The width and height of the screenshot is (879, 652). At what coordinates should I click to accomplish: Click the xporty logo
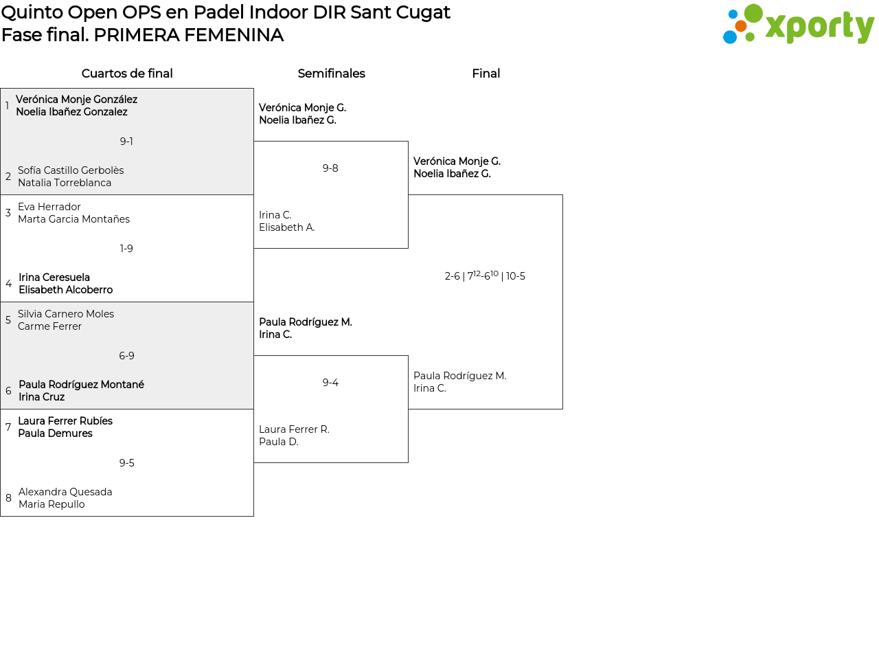coord(798,25)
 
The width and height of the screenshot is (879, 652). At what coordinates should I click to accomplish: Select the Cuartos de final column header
coord(127,74)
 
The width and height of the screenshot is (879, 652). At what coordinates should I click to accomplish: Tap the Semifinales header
coord(331,74)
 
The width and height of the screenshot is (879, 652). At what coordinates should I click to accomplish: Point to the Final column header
coord(486,74)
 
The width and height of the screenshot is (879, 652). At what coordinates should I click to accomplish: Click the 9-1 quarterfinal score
coord(126,142)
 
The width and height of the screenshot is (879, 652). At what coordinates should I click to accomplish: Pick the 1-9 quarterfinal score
coord(126,249)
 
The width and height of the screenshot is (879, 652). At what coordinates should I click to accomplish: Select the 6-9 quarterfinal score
coord(126,356)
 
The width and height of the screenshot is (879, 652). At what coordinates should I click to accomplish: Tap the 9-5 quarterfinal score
coord(126,463)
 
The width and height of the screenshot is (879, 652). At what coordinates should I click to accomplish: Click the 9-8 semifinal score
coord(330,168)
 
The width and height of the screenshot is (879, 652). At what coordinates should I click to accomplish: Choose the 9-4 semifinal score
coord(330,383)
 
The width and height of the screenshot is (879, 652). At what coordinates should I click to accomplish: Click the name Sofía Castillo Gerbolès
coord(71,170)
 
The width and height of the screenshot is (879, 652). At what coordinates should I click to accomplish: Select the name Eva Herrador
coord(49,207)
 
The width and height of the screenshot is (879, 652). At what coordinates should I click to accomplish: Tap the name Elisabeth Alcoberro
coord(65,290)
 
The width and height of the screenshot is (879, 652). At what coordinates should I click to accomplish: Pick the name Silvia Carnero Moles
coord(66,314)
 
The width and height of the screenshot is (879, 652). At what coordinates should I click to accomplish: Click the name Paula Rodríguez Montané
coord(81,385)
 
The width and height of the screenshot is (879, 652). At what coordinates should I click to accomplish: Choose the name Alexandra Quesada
coord(65,492)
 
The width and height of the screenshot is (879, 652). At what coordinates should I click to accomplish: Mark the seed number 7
coord(8,427)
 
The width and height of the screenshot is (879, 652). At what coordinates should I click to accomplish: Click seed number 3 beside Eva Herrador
coord(8,213)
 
